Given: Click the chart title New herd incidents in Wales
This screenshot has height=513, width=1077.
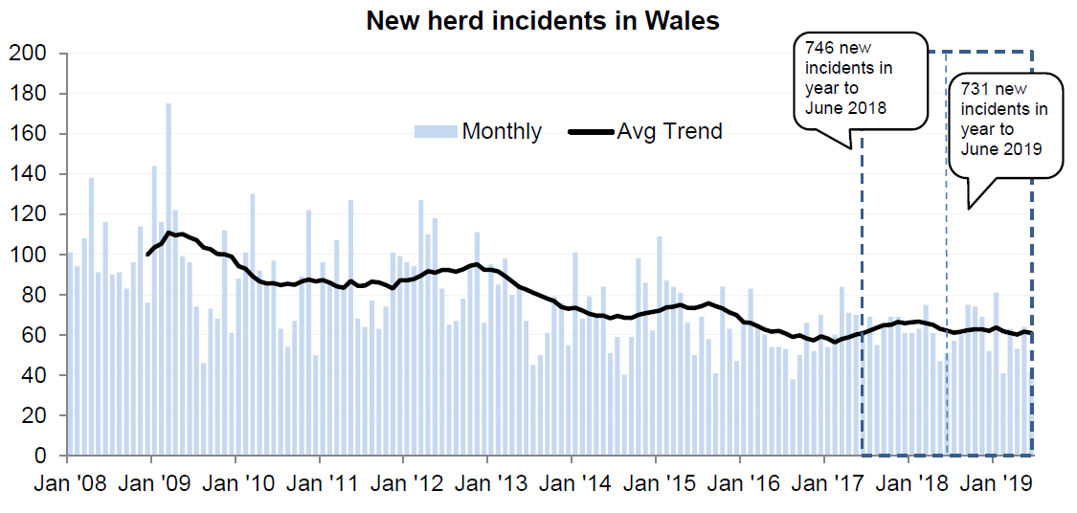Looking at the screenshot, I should point(543,20).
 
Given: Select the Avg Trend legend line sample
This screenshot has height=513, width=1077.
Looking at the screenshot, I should point(590,132).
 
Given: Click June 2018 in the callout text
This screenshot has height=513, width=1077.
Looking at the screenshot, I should point(846,107).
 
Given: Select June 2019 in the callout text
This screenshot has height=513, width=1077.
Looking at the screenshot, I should point(1000,149).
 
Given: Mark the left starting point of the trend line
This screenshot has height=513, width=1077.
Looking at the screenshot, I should point(147,255).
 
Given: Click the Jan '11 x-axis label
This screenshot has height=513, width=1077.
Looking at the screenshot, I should point(319,482).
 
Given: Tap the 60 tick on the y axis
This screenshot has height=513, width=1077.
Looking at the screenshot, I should point(34,335).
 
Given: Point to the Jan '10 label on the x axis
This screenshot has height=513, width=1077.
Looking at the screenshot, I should point(236,482).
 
